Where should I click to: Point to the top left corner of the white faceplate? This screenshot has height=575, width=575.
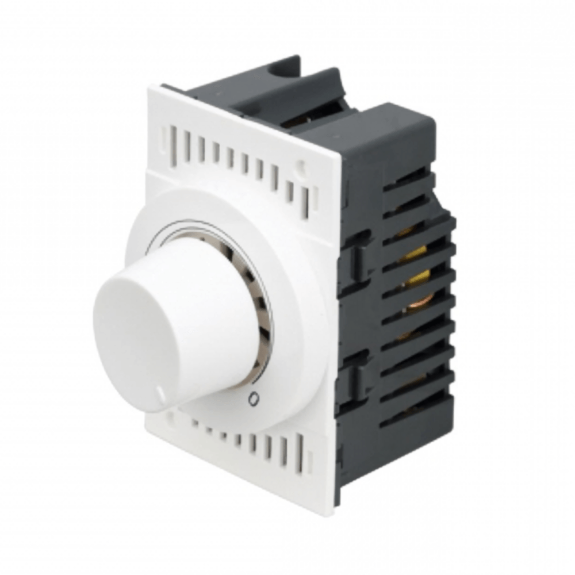(151, 87)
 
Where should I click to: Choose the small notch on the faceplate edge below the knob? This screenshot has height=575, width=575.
(170, 415)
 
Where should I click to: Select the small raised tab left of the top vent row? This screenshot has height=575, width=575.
(165, 137)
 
